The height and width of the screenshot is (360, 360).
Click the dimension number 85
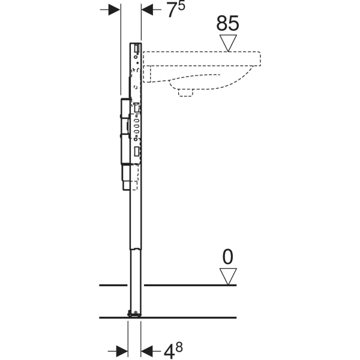tap(228, 23)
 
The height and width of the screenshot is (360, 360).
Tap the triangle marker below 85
tap(228, 43)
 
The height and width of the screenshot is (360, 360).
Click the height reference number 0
tap(227, 257)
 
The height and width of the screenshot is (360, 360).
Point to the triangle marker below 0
tap(227, 277)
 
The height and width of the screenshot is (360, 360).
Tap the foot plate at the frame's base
tap(134, 313)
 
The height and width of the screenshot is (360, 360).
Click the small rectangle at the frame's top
tap(137, 48)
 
